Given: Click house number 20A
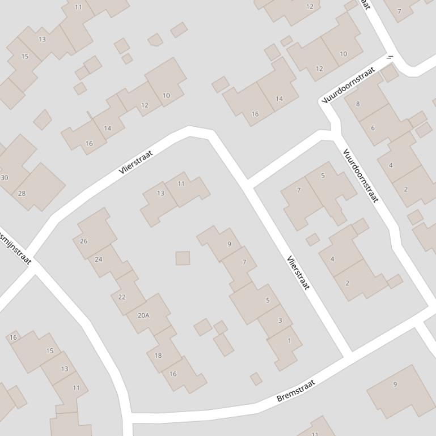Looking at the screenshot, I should [x=143, y=315].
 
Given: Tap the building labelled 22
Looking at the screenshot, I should [x=122, y=297].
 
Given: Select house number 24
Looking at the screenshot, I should [x=99, y=259].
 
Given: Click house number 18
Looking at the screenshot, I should [x=158, y=355].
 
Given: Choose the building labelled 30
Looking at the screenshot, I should [x=5, y=177].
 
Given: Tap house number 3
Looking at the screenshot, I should [x=280, y=320].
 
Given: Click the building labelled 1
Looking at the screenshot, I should [x=289, y=340].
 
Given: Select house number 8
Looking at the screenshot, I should [x=358, y=104].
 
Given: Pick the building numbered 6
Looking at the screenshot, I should [x=373, y=128].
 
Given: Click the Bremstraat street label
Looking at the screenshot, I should [x=295, y=391].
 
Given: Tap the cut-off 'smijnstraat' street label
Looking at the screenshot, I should [x=15, y=247].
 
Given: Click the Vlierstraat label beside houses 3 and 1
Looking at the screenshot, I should [x=298, y=272].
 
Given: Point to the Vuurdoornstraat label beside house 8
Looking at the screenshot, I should [x=349, y=86].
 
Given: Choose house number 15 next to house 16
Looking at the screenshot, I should [x=49, y=350].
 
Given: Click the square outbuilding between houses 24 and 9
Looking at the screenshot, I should [x=183, y=258].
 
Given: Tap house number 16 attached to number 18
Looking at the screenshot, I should [x=173, y=374].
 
